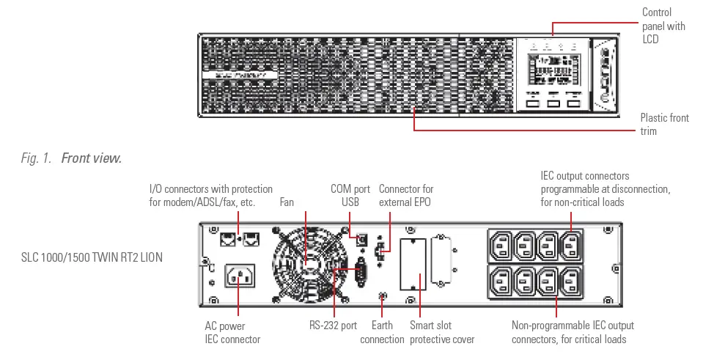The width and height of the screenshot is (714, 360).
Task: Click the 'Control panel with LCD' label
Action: point(663,26)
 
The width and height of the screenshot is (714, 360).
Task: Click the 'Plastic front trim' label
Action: point(664,124)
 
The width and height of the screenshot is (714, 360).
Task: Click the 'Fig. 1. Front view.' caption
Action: point(72,158)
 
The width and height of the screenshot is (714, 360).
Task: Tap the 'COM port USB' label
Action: point(350,195)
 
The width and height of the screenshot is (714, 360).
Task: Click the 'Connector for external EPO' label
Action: point(406,195)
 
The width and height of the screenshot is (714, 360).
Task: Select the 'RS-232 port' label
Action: point(333,325)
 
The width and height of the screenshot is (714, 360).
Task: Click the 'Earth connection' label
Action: point(382,332)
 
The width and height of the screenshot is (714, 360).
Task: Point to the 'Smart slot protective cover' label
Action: point(441,332)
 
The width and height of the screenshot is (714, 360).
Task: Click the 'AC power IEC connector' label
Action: point(232,332)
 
